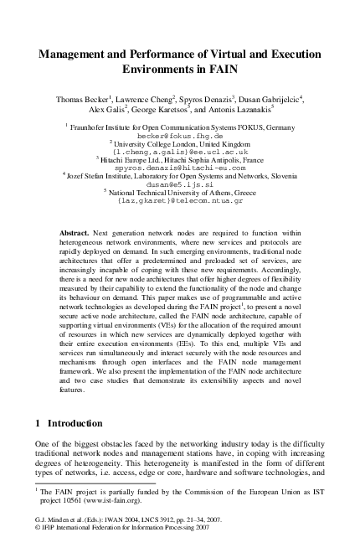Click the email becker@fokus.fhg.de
click(180, 134)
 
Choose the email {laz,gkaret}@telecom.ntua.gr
click(180, 201)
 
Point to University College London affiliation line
click(180, 142)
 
